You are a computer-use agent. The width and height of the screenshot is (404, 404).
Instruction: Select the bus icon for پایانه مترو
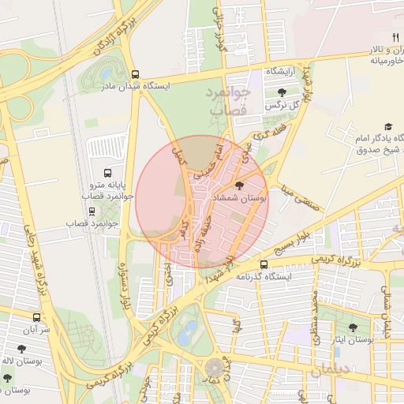(107, 173)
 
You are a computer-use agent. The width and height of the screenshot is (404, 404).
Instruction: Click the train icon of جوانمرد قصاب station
(92, 211)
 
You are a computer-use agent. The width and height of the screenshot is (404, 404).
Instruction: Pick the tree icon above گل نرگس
(282, 92)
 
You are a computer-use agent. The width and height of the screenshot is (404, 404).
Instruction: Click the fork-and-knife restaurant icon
(395, 37)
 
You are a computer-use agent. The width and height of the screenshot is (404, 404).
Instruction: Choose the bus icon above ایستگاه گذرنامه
(263, 264)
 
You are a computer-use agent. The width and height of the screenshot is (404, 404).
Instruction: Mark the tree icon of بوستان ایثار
(352, 327)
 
